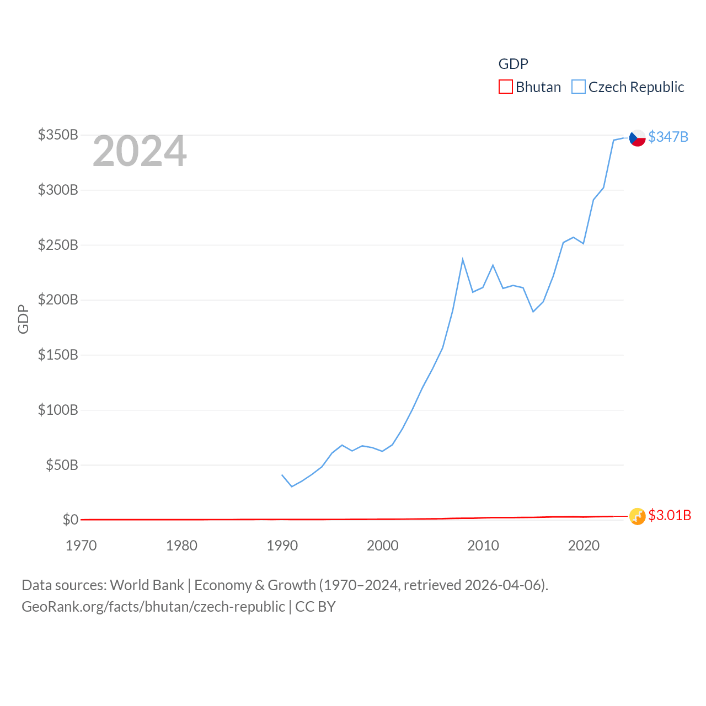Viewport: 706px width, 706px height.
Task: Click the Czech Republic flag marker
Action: [x=637, y=137]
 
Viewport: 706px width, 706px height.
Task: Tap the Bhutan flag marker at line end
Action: [x=637, y=516]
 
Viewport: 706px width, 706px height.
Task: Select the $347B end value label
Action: [x=668, y=137]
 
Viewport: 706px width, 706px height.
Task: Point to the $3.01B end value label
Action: [x=669, y=515]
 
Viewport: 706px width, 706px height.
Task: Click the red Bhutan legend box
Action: [x=505, y=87]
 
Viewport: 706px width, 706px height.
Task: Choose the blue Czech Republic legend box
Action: [x=578, y=87]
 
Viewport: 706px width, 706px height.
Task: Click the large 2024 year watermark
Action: [x=140, y=151]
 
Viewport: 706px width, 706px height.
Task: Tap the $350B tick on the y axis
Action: [x=58, y=135]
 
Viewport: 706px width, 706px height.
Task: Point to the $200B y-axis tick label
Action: [x=58, y=299]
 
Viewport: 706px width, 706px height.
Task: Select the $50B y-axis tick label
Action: [x=62, y=465]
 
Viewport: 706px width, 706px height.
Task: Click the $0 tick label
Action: [x=70, y=520]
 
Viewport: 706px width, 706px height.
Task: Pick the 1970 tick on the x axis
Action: [x=81, y=545]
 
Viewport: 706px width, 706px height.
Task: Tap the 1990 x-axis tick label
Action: [x=282, y=545]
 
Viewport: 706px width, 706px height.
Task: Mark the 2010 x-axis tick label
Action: [x=483, y=545]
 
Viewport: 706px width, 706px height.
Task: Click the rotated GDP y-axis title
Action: [x=23, y=319]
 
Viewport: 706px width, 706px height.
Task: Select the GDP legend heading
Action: [x=513, y=64]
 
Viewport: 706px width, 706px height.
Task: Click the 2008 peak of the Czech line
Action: [x=463, y=259]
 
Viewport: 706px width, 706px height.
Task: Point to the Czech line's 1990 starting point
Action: [x=282, y=475]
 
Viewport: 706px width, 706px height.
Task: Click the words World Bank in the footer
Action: [x=147, y=585]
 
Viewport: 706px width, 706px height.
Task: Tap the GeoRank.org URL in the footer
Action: [x=153, y=607]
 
